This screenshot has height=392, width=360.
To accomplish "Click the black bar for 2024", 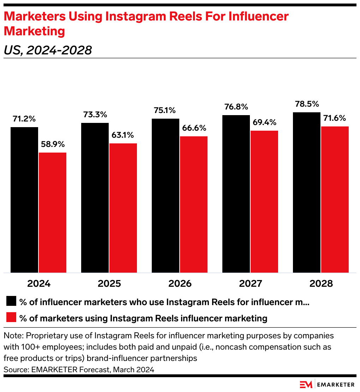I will [24, 200].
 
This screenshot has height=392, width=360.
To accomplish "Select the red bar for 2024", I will [53, 212].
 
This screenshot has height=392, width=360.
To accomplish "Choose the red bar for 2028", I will [335, 199].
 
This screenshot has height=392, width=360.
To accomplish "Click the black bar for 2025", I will [95, 197].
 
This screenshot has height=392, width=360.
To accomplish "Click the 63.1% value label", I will [123, 135].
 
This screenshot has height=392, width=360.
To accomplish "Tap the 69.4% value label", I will [264, 123].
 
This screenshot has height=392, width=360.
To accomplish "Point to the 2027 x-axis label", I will [250, 284].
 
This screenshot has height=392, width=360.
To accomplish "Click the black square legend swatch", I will [11, 302].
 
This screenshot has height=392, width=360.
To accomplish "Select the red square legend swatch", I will [11, 317].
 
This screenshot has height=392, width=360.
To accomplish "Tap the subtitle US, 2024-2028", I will [48, 51].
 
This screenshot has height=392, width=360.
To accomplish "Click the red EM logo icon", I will [306, 384].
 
